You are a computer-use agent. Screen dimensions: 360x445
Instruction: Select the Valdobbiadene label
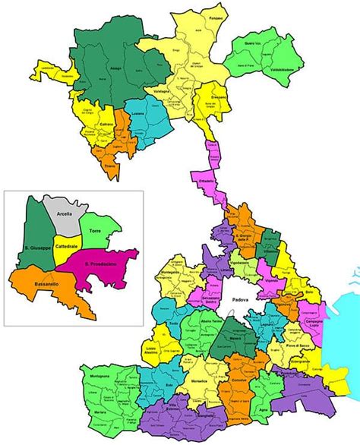pyautogui.click(x=281, y=69)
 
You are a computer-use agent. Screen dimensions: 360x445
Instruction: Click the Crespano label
pyautogui.click(x=218, y=100)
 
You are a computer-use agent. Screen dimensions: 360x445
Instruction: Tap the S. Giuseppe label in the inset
pyautogui.click(x=36, y=248)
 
